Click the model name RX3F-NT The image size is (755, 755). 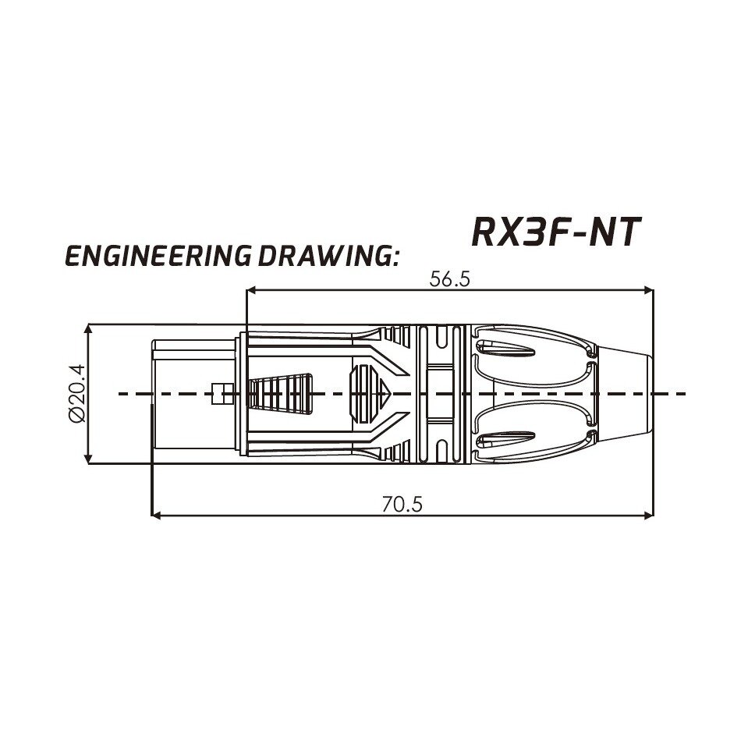coord(556,232)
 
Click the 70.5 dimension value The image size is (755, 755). coord(402,505)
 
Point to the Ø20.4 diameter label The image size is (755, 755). coord(76,395)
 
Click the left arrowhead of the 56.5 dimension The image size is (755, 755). coord(252,291)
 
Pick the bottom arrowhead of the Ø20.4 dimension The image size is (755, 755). coord(88,460)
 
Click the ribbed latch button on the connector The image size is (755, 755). coord(280,393)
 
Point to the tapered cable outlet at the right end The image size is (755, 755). coord(624,394)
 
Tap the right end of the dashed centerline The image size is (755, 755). coord(683,394)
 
